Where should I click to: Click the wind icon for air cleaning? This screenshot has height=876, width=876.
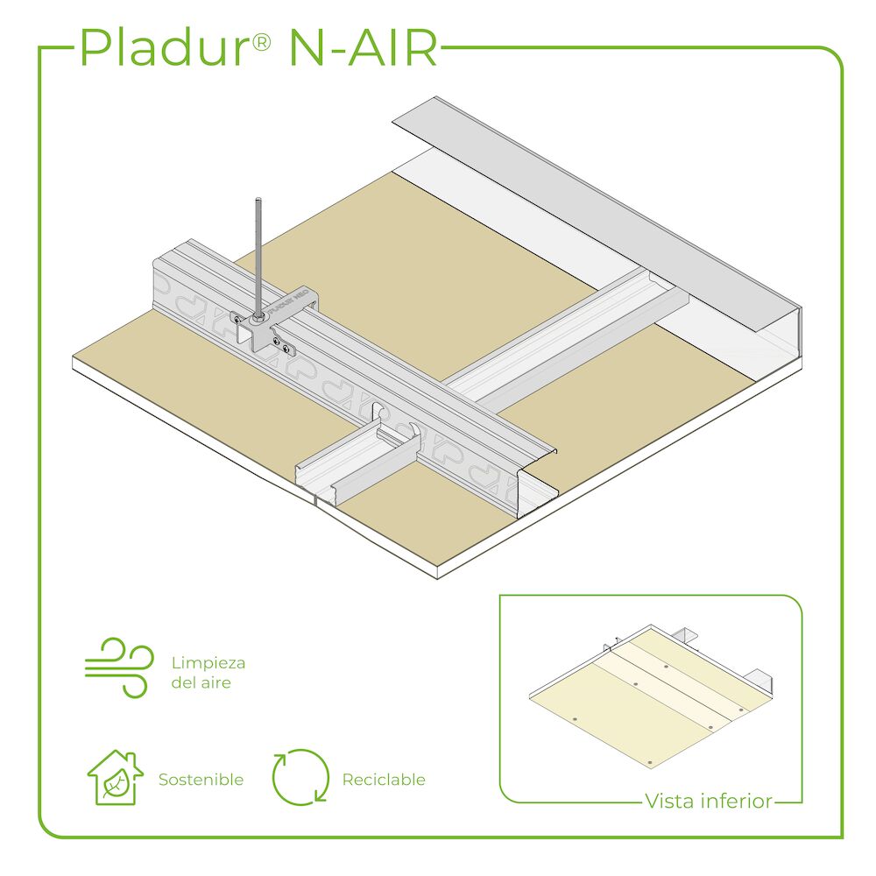(119, 668)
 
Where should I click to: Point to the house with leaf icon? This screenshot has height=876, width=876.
(115, 777)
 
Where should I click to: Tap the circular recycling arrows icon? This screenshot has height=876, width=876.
(300, 777)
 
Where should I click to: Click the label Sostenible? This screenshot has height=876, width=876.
(201, 780)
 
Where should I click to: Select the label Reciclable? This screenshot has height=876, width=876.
(384, 780)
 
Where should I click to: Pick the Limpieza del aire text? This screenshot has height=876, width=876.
(208, 673)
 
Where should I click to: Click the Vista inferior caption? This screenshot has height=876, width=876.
(709, 801)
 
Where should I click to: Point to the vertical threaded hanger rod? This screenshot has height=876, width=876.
(258, 258)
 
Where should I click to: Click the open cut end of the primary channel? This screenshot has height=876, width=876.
(536, 484)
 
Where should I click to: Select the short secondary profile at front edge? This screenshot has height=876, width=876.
(357, 463)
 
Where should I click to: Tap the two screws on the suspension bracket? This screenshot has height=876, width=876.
(280, 344)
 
